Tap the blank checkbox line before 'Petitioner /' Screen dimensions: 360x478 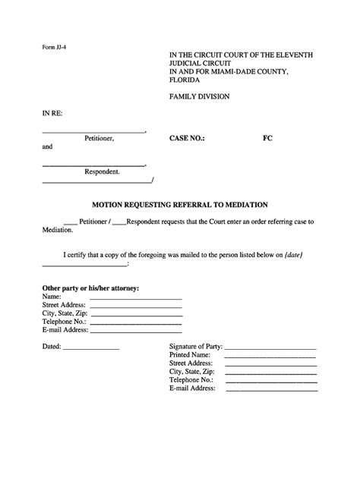(71, 222)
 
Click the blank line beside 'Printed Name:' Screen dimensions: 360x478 (270, 355)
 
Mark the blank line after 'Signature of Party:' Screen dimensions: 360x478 (270, 347)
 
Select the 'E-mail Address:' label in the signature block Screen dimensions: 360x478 (193, 388)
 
